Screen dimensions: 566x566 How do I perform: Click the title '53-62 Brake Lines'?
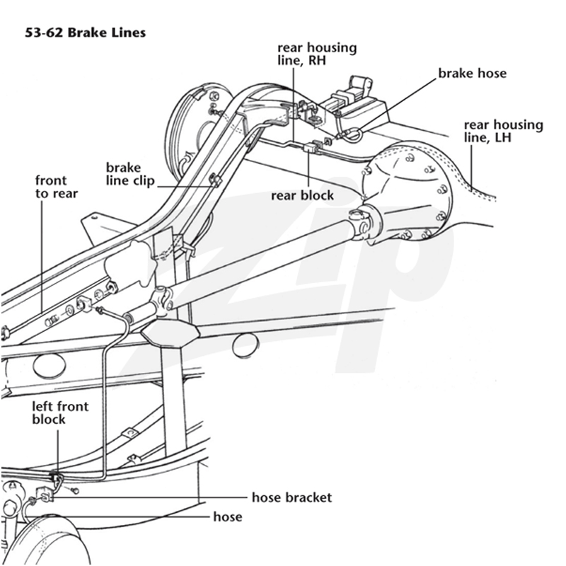click(x=85, y=33)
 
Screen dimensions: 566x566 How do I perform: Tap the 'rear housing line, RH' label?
click(x=317, y=54)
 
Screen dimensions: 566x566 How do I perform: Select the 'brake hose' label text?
click(x=472, y=74)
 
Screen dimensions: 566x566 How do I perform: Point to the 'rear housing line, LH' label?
click(x=503, y=131)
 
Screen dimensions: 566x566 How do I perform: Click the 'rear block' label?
click(x=303, y=195)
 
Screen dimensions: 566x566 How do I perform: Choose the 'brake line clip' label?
click(x=130, y=174)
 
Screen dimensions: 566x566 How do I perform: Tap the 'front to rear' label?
click(x=57, y=187)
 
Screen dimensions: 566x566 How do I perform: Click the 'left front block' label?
click(x=60, y=412)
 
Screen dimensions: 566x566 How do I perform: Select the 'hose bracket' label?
click(x=291, y=497)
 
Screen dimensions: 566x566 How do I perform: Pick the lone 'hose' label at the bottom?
click(x=228, y=516)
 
